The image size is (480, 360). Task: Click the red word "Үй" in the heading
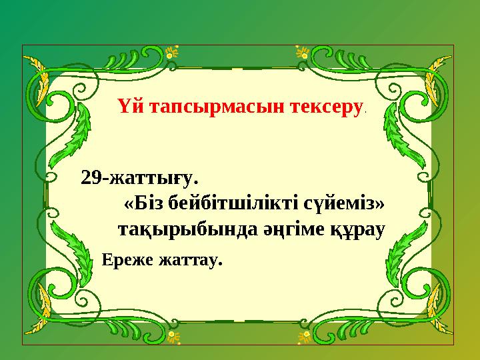pyautogui.click(x=128, y=107)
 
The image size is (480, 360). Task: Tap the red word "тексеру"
pyautogui.click(x=323, y=107)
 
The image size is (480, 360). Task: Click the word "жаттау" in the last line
pyautogui.click(x=188, y=260)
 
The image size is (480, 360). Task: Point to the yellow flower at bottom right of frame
pyautogui.click(x=303, y=333)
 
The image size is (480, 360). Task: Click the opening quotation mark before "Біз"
pyautogui.click(x=129, y=201)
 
